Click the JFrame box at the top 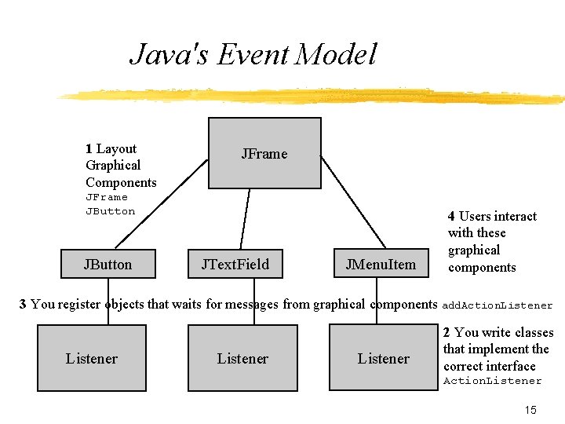(264, 153)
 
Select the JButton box (108, 264)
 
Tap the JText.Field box (235, 264)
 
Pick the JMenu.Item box (381, 264)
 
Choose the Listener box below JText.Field (242, 358)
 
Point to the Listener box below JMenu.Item (382, 358)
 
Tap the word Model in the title (338, 55)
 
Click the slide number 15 (530, 410)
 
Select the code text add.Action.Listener (498, 305)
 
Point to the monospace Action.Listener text (492, 381)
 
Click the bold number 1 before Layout (89, 148)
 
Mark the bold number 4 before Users (451, 216)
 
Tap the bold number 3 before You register (23, 304)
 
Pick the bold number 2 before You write (447, 332)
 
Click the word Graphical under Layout (113, 165)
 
